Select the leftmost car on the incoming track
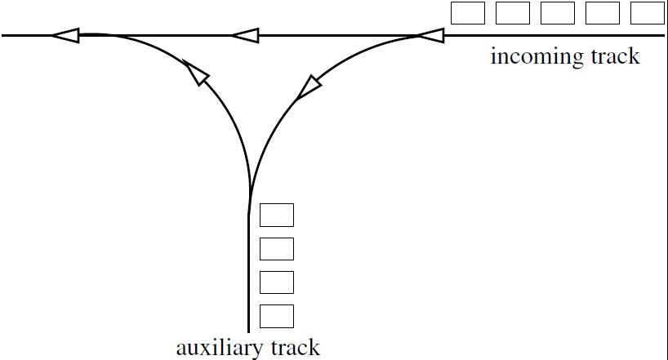pyautogui.click(x=468, y=13)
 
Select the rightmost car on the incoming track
pyautogui.click(x=648, y=13)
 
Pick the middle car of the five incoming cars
pyautogui.click(x=558, y=13)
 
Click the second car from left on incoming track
pyautogui.click(x=513, y=13)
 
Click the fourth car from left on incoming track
pyautogui.click(x=603, y=13)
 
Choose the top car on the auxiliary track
pyautogui.click(x=276, y=215)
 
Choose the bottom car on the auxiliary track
pyautogui.click(x=276, y=315)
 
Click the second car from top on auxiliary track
pyautogui.click(x=276, y=248)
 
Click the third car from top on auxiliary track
pyautogui.click(x=276, y=282)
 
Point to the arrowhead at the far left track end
pyautogui.click(x=65, y=35)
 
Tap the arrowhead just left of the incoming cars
pyautogui.click(x=430, y=35)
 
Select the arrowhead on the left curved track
pyautogui.click(x=196, y=73)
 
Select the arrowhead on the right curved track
pyautogui.click(x=307, y=87)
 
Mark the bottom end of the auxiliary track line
pyautogui.click(x=248, y=331)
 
